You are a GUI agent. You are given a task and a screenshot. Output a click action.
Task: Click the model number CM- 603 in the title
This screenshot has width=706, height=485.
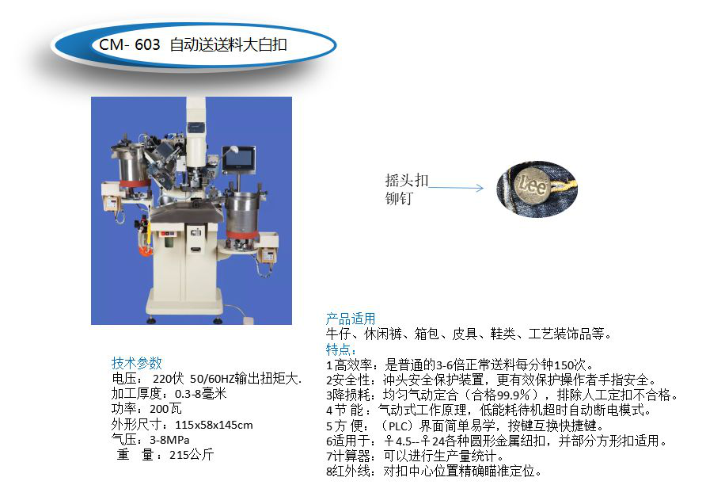click(x=129, y=44)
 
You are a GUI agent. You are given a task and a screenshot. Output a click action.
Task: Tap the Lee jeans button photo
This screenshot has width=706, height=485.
click(x=537, y=189)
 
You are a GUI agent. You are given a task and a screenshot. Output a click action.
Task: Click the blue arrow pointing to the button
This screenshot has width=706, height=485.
click(x=456, y=188)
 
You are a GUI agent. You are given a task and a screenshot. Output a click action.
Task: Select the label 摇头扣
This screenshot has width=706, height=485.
click(x=407, y=181)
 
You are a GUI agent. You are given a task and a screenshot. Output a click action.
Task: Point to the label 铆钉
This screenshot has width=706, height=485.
click(x=399, y=198)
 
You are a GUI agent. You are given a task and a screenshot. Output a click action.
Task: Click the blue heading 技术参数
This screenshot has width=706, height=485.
click(x=136, y=363)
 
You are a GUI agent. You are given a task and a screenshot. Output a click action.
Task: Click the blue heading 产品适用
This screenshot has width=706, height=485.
click(x=351, y=319)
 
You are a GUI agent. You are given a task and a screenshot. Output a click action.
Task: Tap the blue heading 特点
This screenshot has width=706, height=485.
click(x=341, y=349)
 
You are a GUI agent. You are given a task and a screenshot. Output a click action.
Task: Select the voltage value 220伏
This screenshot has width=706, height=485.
click(x=169, y=379)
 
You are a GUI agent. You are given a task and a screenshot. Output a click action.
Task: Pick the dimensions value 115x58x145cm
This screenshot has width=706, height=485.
click(x=214, y=425)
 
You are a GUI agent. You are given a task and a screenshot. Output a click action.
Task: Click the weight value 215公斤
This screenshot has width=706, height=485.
click(x=192, y=455)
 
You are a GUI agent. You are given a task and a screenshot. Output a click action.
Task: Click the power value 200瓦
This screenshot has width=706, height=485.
click(x=165, y=409)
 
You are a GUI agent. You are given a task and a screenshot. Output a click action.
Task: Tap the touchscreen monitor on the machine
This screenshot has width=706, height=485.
click(x=239, y=159)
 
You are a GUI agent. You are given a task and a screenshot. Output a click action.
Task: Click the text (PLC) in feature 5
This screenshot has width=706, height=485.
click(x=398, y=426)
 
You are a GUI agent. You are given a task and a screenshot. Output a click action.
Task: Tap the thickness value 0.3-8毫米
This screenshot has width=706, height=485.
click(x=200, y=394)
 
